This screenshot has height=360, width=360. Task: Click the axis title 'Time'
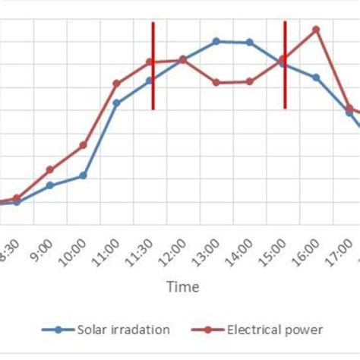183,287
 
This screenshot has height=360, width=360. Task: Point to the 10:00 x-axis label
77,251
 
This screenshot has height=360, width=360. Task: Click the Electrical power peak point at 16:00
316,30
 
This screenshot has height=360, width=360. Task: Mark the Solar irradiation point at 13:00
216,41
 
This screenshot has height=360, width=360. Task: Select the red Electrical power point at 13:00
216,82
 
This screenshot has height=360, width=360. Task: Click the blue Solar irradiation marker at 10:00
83,175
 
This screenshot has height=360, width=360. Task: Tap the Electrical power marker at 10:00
83,144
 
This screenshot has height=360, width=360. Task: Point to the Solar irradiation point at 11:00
116,103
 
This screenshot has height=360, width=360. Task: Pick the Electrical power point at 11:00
116,84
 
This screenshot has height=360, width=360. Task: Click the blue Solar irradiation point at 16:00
316,77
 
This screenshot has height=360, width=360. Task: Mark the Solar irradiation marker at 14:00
250,43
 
